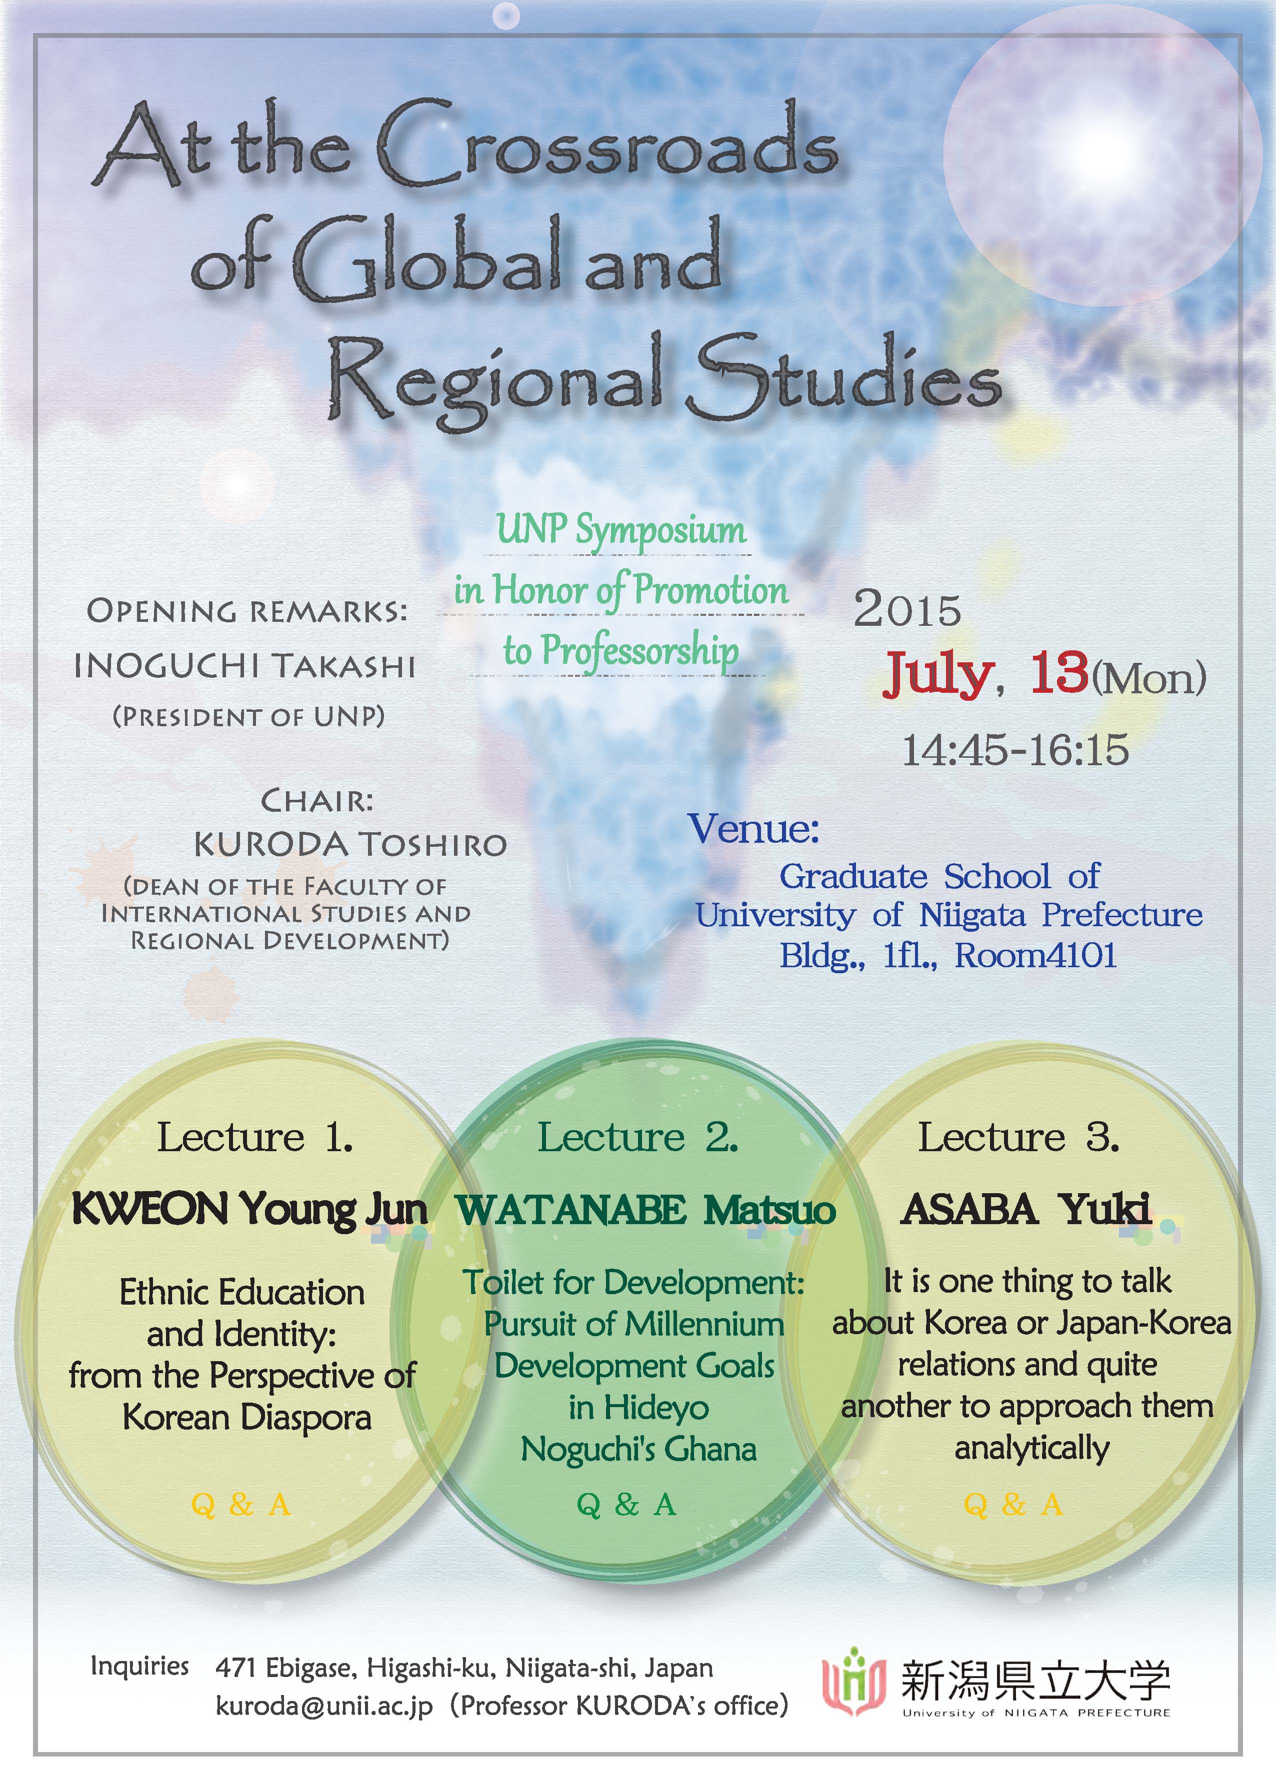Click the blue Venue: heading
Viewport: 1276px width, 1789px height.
click(753, 829)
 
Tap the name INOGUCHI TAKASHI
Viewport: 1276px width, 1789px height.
click(244, 667)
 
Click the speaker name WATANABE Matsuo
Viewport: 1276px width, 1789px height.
click(646, 1210)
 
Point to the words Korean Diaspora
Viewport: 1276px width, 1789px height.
click(246, 1418)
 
